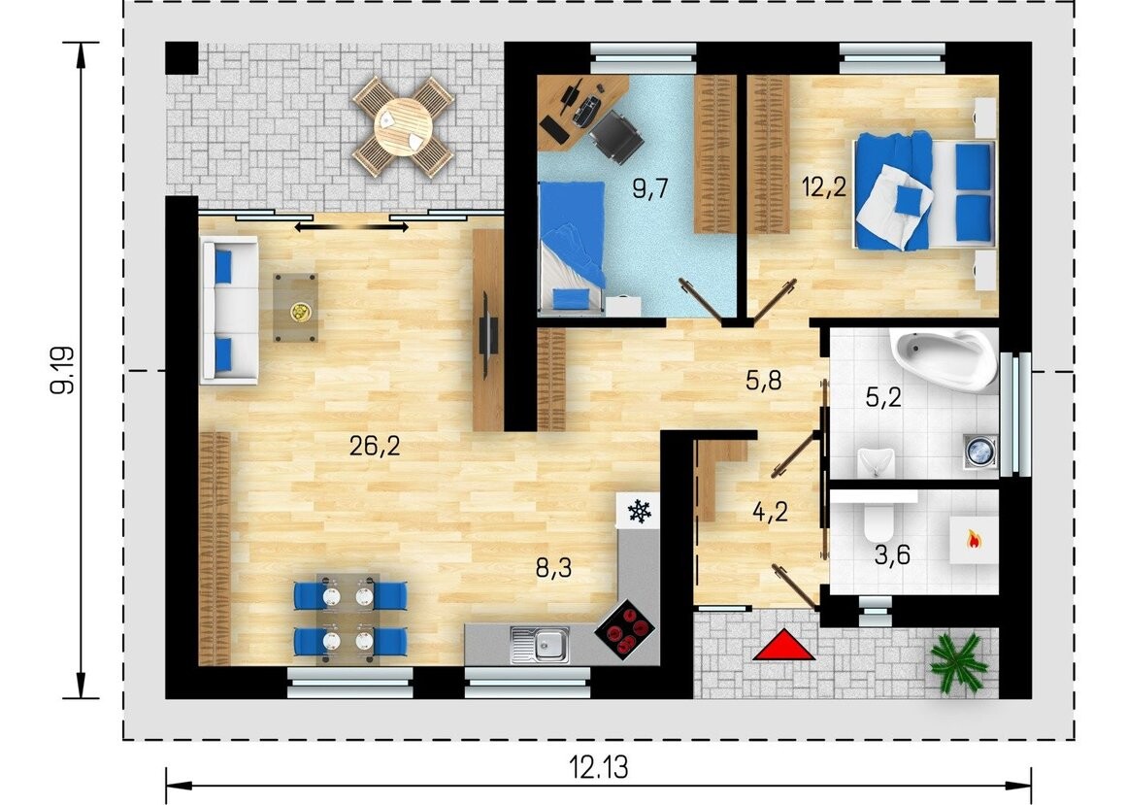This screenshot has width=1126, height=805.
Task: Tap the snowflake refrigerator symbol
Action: point(639,512)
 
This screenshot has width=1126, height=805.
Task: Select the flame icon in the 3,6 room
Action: point(974,539)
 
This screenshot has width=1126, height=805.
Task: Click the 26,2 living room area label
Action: point(374,447)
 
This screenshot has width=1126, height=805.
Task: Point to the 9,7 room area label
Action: point(650,188)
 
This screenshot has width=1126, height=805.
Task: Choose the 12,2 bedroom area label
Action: point(824,187)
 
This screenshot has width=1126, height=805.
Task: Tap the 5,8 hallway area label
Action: point(763,381)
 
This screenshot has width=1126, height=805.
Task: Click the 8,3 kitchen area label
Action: point(553,569)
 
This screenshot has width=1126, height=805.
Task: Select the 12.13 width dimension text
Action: point(599,767)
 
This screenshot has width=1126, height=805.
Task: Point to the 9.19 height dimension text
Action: point(62,370)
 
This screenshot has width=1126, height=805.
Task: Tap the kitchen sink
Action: point(540,644)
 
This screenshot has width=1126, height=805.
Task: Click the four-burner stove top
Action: point(624,630)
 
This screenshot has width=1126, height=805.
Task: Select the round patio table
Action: point(403,126)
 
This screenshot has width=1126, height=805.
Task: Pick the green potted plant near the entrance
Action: point(959,662)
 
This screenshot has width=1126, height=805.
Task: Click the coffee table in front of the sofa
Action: point(295,308)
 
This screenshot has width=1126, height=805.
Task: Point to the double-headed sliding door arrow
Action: point(351,227)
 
